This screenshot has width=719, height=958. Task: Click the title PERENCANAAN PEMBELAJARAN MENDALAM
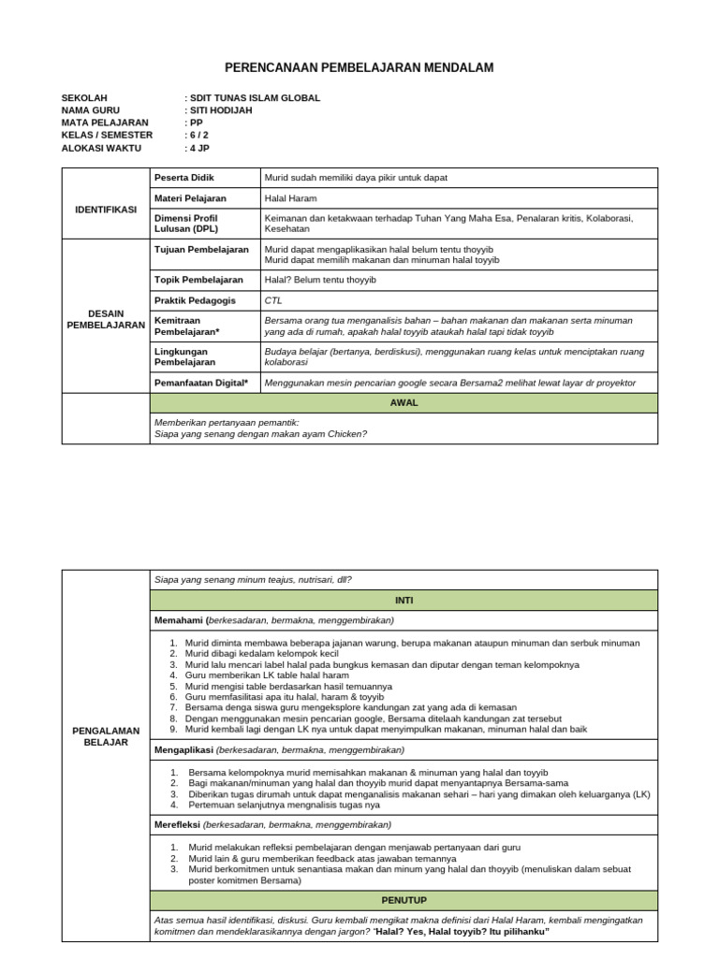coord(359,68)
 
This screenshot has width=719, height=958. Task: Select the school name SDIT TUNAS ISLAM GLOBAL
coord(255,97)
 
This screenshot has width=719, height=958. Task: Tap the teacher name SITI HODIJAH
coord(221,110)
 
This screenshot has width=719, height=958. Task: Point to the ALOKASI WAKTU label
coord(101,148)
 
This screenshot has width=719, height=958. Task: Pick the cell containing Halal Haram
coord(290,198)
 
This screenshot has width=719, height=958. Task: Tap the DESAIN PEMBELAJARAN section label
coord(106,318)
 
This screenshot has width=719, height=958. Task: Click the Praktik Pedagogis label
coord(195,300)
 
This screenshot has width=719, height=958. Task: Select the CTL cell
coord(273,300)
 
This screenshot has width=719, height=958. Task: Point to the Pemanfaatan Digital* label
coord(201,383)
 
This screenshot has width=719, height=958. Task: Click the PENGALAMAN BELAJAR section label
coord(106,735)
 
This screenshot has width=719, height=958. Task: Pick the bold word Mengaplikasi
coord(183,749)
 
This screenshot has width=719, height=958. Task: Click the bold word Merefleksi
coord(178,824)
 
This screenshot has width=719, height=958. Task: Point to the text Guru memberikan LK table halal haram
coord(267,675)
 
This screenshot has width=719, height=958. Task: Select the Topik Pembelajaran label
coord(198,280)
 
